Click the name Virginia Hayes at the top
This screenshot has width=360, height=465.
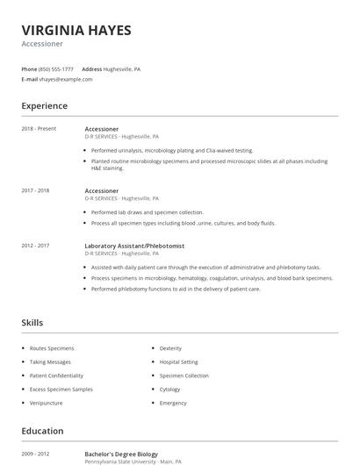76,31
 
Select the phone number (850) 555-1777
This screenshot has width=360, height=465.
56,68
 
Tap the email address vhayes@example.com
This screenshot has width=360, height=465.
66,79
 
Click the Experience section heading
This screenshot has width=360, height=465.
45,106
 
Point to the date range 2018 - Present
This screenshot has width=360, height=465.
39,129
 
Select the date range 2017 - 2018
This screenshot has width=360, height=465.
35,190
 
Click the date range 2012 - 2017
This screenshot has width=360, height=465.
35,246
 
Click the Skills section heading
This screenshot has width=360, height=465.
32,323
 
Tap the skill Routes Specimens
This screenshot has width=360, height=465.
52,348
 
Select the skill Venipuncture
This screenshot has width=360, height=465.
47,403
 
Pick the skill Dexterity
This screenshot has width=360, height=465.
170,348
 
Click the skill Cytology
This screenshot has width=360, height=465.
169,390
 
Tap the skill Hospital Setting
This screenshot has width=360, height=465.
178,361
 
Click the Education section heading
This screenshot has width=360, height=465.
42,431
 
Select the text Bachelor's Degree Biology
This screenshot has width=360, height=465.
121,454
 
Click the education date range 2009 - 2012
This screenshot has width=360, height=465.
35,454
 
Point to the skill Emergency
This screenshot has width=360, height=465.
173,403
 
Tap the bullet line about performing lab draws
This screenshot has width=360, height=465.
147,212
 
